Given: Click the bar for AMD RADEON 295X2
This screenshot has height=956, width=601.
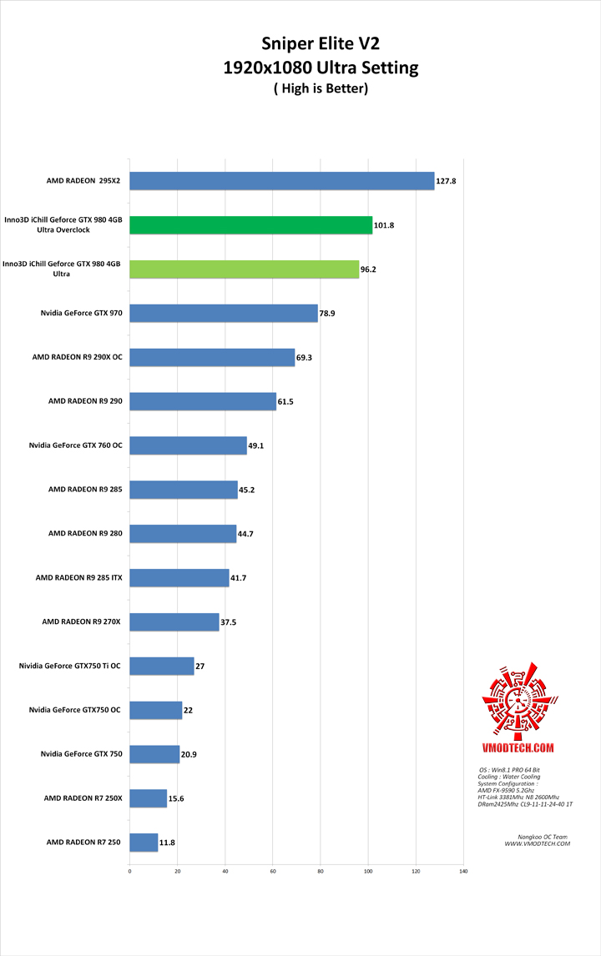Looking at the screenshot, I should point(281,181).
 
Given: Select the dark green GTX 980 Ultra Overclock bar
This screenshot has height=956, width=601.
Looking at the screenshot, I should point(250,225).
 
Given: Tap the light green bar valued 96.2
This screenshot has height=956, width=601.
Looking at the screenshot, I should point(244,269).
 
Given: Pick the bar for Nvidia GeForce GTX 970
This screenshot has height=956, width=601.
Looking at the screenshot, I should point(223,313).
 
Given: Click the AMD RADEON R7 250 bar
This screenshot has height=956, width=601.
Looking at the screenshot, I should point(144,843).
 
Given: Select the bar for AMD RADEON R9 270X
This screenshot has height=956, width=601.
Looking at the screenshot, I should point(174,621).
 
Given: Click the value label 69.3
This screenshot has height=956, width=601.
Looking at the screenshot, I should point(306,358).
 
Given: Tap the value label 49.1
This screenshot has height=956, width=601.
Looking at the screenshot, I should point(257,446).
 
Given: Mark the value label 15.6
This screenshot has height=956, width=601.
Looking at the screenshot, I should point(176,798).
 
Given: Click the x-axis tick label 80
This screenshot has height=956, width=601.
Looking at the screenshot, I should point(321,872).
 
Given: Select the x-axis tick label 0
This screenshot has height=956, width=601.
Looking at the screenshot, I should point(129,872).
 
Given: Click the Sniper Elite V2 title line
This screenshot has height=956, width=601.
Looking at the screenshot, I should point(321,44).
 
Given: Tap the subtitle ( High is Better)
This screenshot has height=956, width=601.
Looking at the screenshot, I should point(321,88).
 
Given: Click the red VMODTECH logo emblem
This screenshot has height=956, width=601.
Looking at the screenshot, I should point(517,703).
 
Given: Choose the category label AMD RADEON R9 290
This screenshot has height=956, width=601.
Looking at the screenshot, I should point(85,401).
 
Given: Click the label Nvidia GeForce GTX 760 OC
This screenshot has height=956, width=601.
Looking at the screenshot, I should point(76,445).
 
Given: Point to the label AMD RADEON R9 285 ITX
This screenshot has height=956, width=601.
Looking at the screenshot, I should point(78,577).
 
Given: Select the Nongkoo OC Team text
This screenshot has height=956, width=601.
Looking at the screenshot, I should point(537,836).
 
